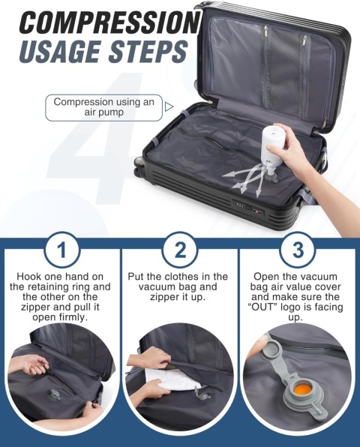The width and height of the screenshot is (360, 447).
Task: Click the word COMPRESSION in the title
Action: pyautogui.click(x=109, y=22)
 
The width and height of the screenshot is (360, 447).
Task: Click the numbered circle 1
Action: pyautogui.click(x=62, y=249)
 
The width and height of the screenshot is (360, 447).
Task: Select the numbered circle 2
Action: pyautogui.click(x=179, y=249)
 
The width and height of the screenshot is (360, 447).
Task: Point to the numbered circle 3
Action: pyautogui.click(x=298, y=249)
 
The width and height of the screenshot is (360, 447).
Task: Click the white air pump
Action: pyautogui.click(x=271, y=148)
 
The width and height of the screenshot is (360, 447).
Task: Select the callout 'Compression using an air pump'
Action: pyautogui.click(x=103, y=107)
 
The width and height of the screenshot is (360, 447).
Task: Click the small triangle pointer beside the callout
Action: pyautogui.click(x=169, y=106)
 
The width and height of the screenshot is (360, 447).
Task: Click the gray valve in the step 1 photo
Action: pyautogui.click(x=54, y=394)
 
